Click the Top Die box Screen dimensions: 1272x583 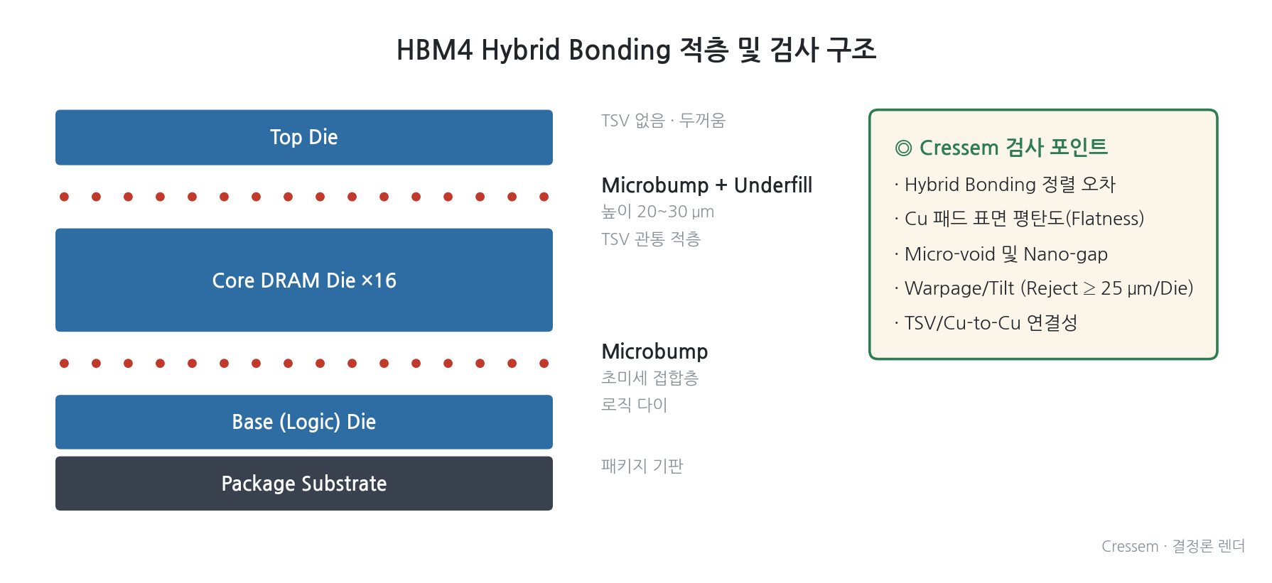[x=304, y=137]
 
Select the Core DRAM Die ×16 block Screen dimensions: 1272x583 [x=304, y=280]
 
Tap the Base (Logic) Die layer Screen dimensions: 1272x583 [x=304, y=422]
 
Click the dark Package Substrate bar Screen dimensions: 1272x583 [x=304, y=484]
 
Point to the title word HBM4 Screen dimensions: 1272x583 [x=434, y=50]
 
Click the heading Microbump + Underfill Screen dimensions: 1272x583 [x=706, y=185]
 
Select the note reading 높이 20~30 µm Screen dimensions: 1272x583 [x=657, y=212]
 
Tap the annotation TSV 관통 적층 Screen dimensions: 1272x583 [x=651, y=239]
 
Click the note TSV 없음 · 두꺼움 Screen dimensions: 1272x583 [x=663, y=120]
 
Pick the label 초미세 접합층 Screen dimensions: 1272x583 [x=650, y=378]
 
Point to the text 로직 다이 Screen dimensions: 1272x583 [x=634, y=405]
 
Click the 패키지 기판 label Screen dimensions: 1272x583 [x=642, y=466]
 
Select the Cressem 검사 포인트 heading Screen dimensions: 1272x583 [x=1013, y=148]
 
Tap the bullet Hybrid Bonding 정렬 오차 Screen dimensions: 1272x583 [x=1005, y=185]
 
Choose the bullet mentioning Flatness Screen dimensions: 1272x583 [x=1019, y=219]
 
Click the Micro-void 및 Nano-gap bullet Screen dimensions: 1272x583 [x=1001, y=254]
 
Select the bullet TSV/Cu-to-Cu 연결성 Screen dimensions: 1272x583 [x=986, y=323]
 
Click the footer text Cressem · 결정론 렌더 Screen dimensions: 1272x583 [x=1173, y=546]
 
